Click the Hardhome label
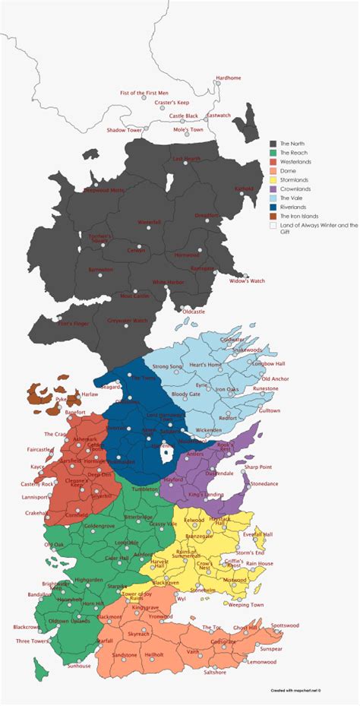(229, 78)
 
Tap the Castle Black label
(183, 116)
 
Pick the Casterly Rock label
(37, 483)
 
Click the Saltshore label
(214, 672)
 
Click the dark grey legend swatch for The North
(273, 143)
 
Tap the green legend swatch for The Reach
(273, 152)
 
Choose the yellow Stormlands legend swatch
(273, 179)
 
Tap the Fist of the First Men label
(144, 93)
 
